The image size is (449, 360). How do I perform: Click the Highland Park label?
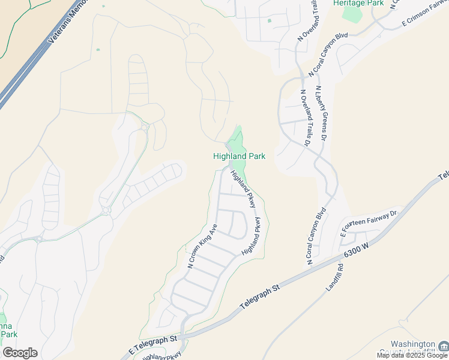coord(239,156)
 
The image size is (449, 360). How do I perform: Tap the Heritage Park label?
coord(358,3)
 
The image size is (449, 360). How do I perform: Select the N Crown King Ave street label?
coord(202,246)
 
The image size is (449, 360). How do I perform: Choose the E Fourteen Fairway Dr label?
coord(369,222)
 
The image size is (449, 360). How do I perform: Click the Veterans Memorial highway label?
coord(63,24)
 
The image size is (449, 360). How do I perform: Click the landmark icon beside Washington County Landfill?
coord(443,346)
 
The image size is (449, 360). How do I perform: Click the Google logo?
coord(20,353)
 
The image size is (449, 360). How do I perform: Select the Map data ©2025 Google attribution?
coord(412,355)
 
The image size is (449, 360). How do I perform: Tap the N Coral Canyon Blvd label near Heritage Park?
coord(328,55)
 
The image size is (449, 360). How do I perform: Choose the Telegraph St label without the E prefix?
coord(260,298)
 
